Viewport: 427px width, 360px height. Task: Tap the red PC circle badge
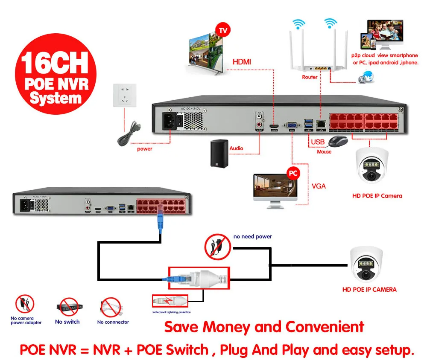pyautogui.click(x=293, y=173)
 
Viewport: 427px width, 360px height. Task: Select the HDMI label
pyautogui.click(x=242, y=62)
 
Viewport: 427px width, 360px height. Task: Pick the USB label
pyautogui.click(x=318, y=142)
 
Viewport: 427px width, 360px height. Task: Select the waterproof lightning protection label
pyautogui.click(x=171, y=312)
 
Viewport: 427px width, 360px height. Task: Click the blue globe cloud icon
pyautogui.click(x=366, y=76)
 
